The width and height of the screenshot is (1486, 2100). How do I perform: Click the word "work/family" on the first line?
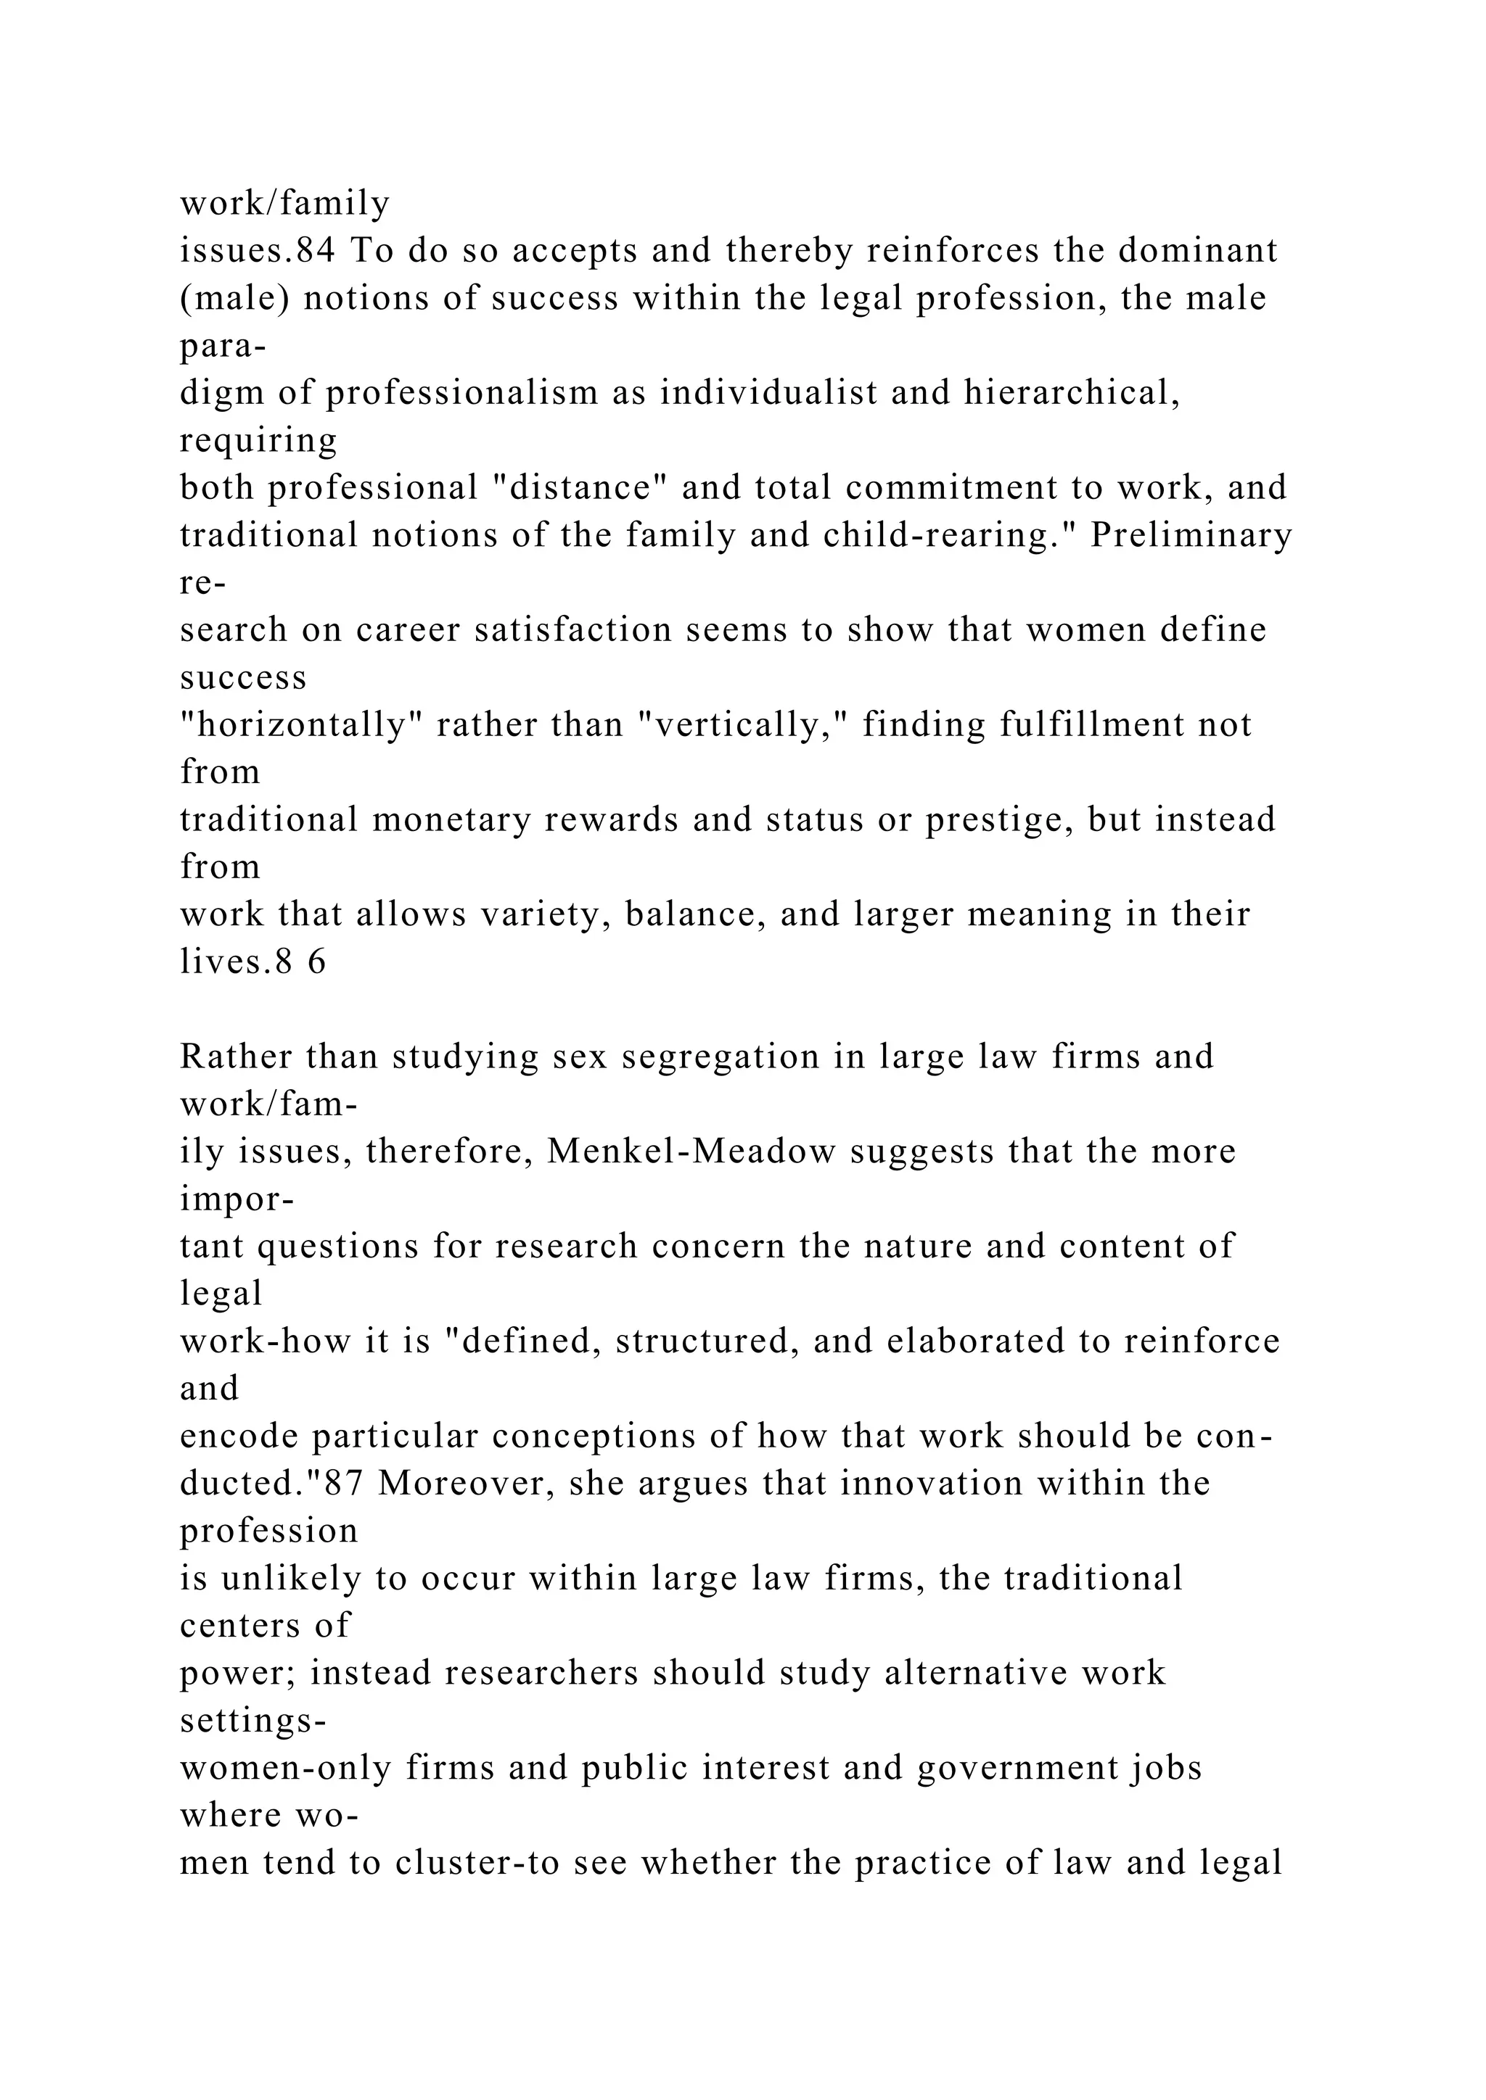pos(284,203)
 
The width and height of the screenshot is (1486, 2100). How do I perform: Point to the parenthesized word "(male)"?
pos(234,298)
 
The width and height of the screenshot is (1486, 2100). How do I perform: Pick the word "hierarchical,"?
pos(1072,393)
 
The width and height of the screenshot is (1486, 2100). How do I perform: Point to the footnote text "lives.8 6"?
pos(253,962)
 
